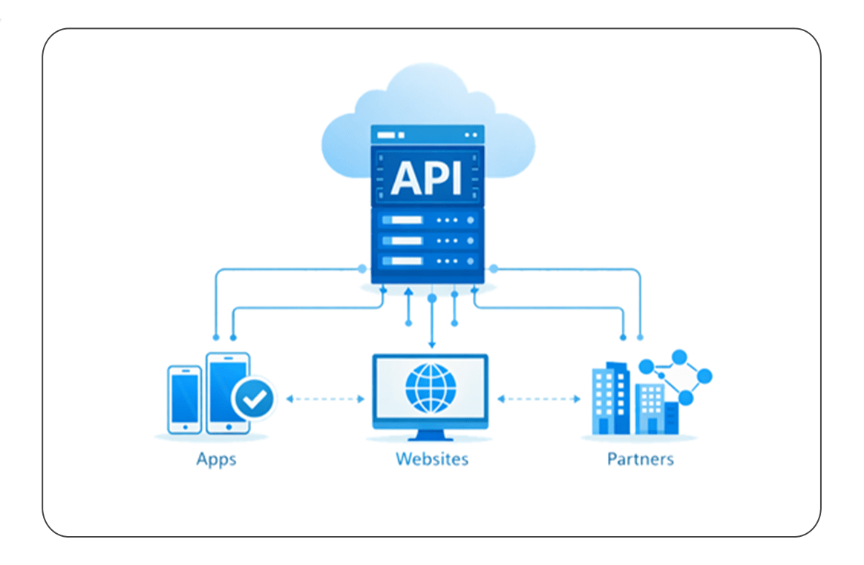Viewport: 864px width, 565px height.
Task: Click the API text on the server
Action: pyautogui.click(x=427, y=177)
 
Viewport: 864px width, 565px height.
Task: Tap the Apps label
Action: pyautogui.click(x=216, y=459)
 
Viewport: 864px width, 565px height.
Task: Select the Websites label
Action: pyautogui.click(x=432, y=459)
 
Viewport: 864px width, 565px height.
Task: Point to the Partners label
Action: pyautogui.click(x=641, y=459)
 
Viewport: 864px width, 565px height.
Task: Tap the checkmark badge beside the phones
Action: pyautogui.click(x=254, y=400)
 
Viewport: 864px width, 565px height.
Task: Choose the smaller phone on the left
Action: pyautogui.click(x=184, y=399)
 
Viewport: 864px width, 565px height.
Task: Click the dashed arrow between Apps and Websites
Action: pyautogui.click(x=325, y=400)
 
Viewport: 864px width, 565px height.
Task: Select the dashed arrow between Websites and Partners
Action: pyautogui.click(x=539, y=400)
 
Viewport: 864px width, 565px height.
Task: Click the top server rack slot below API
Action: pyautogui.click(x=428, y=220)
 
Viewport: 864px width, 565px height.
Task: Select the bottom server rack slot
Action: pyautogui.click(x=428, y=261)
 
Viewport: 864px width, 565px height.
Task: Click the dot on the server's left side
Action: pyautogui.click(x=362, y=268)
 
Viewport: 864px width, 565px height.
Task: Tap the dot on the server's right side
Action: pyautogui.click(x=494, y=268)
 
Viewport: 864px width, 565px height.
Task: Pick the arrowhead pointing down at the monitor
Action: pyautogui.click(x=432, y=345)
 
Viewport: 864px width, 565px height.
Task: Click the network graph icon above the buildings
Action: pyautogui.click(x=675, y=375)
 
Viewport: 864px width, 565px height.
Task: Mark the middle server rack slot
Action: pyautogui.click(x=428, y=241)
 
